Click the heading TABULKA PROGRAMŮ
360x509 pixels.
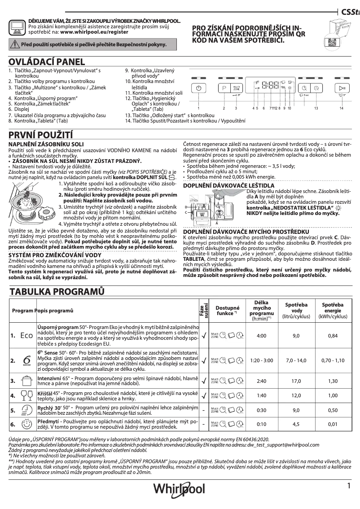[57, 292]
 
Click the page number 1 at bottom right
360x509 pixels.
[348, 486]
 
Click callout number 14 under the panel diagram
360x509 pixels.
[341, 109]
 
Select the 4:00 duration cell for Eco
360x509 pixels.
[262, 335]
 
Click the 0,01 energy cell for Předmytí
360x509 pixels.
[333, 423]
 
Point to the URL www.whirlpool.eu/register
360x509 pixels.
[94, 32]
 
